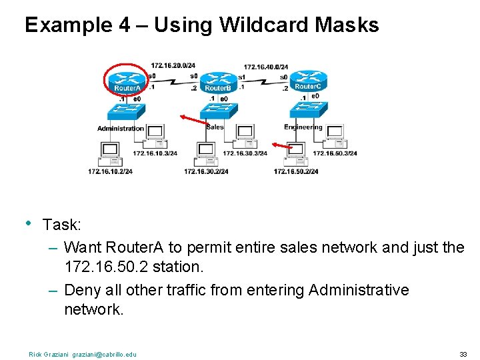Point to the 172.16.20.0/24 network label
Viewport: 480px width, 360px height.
click(x=173, y=65)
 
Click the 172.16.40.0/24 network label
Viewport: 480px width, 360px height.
click(x=265, y=67)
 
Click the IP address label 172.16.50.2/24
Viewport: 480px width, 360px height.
click(x=295, y=171)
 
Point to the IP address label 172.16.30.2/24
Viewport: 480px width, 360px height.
click(x=206, y=171)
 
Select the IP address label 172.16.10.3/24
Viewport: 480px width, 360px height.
click(x=155, y=153)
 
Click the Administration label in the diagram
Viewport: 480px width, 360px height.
click(x=120, y=128)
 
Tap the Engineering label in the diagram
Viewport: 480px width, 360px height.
click(x=303, y=127)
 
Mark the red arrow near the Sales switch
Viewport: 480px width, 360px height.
click(x=193, y=119)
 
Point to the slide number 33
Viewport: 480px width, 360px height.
click(x=463, y=354)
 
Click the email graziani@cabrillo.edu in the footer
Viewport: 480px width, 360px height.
click(x=105, y=354)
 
